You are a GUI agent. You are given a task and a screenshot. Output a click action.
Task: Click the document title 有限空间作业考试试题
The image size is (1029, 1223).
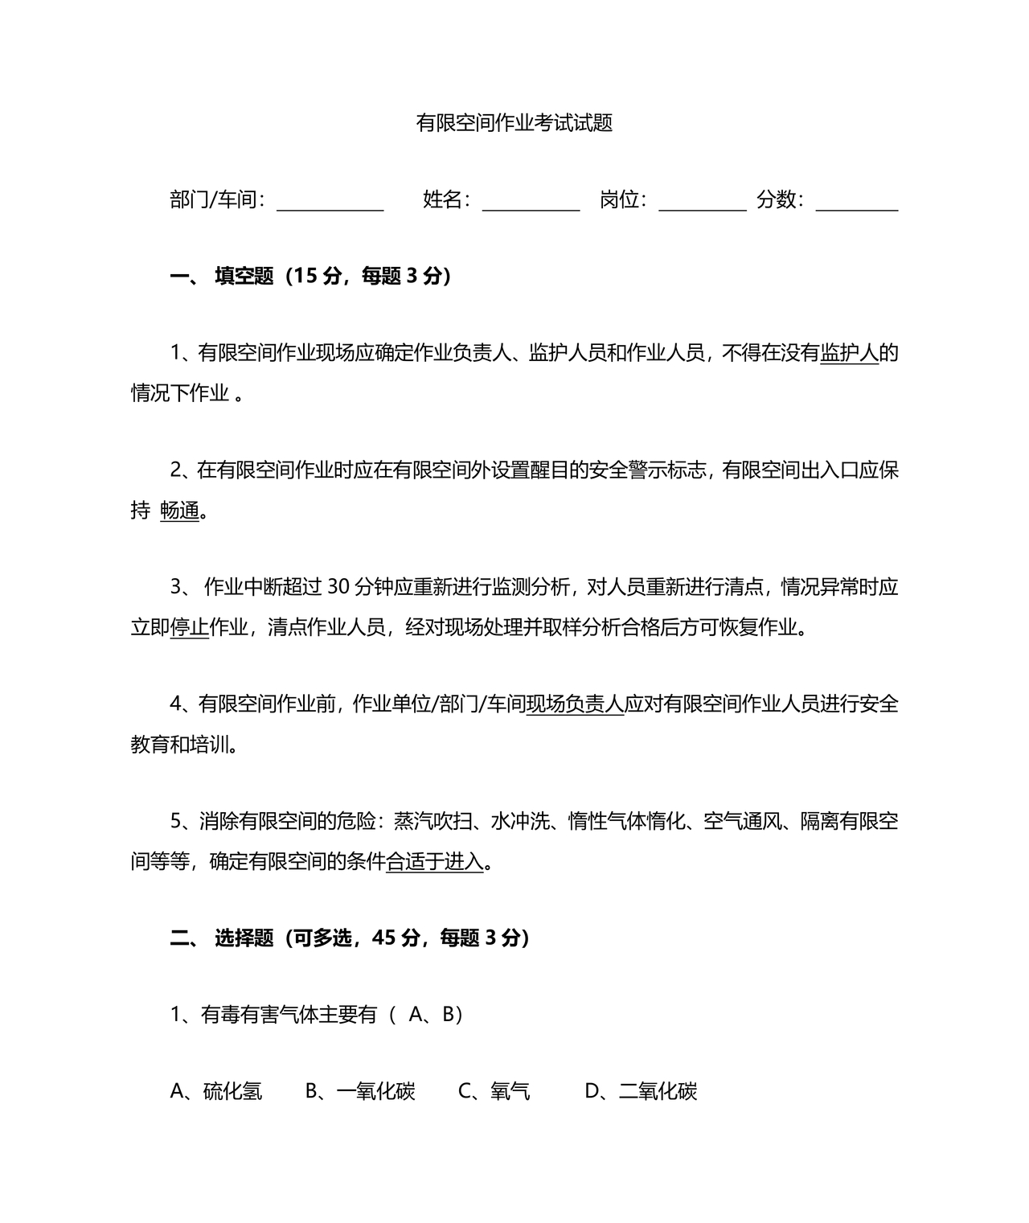tap(514, 123)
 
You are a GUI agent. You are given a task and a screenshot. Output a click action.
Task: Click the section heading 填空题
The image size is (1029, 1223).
tap(244, 277)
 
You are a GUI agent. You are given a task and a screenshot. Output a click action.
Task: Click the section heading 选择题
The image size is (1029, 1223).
tap(244, 938)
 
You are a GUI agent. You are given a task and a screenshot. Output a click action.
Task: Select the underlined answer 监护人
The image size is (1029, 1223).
tap(849, 353)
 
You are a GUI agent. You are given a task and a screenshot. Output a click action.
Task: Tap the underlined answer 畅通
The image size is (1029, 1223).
tap(179, 511)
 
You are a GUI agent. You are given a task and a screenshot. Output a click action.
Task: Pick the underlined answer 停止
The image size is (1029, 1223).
tap(190, 627)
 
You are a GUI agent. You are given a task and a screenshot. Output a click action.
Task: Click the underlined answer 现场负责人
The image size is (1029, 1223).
tap(575, 704)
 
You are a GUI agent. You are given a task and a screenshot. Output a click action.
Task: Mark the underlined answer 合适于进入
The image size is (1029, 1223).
tap(435, 862)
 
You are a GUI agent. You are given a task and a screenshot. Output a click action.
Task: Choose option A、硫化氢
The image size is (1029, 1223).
tap(216, 1091)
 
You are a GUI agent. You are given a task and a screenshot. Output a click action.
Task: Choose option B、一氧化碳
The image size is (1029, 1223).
tap(360, 1091)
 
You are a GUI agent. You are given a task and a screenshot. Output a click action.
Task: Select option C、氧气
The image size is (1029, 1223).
tap(494, 1091)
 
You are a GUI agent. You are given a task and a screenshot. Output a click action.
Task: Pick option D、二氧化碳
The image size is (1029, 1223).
tap(641, 1091)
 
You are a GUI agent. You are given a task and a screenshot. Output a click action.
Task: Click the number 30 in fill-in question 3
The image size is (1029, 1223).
tap(339, 588)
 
